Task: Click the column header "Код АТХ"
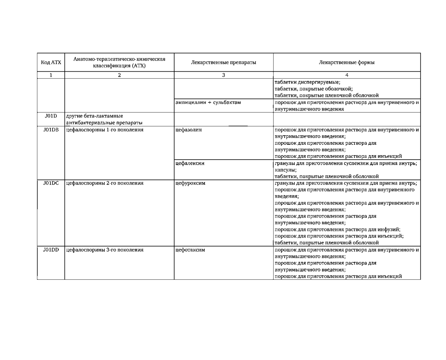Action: point(51,62)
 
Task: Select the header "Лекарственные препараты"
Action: point(223,62)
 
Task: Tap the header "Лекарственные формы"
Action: point(347,62)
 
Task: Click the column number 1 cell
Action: point(51,75)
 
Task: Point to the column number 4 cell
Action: point(347,75)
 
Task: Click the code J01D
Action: point(51,116)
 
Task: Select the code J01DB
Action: point(51,130)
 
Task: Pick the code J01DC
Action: point(51,183)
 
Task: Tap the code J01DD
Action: point(51,250)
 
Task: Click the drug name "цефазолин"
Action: point(189,130)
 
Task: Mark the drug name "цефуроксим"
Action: point(190,183)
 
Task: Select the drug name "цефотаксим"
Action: point(190,250)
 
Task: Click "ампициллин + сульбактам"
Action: point(208,103)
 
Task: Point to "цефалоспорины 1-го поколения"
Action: point(104,130)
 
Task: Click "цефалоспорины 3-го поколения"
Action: point(104,250)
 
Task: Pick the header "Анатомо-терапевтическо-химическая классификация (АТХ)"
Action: point(119,62)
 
